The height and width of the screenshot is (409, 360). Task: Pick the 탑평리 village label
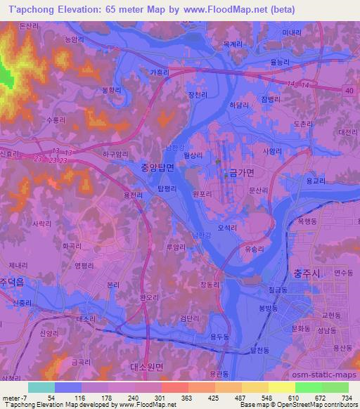pyautogui.click(x=167, y=188)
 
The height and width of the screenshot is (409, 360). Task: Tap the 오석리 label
pyautogui.click(x=228, y=227)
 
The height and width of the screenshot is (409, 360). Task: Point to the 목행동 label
pyautogui.click(x=307, y=220)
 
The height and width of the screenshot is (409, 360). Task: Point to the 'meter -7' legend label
pyautogui.click(x=14, y=397)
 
